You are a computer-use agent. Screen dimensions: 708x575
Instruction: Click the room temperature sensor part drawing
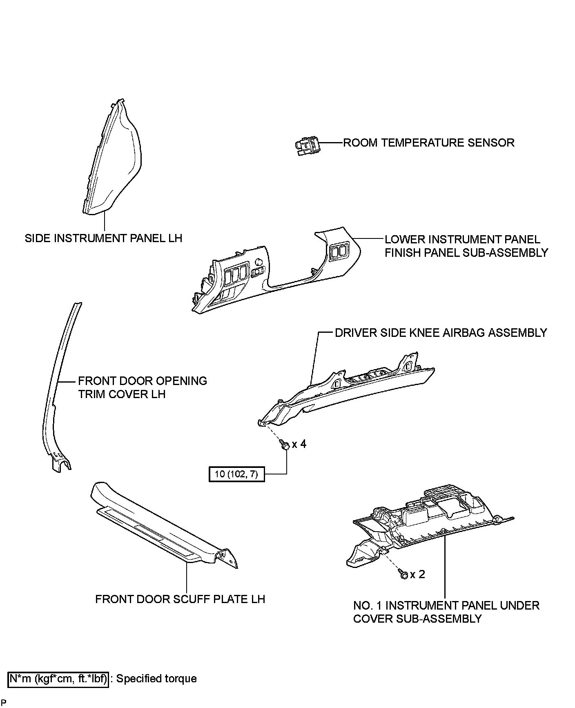point(307,146)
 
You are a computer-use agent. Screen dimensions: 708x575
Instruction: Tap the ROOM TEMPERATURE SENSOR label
point(428,143)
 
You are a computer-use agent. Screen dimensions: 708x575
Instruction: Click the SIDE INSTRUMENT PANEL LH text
point(103,238)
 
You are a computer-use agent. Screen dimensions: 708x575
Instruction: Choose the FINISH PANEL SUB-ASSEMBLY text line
point(466,253)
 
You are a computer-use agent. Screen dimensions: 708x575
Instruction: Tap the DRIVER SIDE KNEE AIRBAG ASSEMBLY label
point(441,333)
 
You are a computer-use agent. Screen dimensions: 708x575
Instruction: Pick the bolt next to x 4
point(285,445)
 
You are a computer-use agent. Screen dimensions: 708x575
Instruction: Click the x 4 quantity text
point(299,444)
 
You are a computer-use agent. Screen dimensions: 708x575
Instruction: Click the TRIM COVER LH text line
point(122,394)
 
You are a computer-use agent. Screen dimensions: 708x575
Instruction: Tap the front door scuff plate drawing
point(163,527)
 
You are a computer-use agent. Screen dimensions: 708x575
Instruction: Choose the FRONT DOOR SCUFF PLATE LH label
point(180,599)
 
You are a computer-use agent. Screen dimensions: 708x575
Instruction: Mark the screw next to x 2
point(403,574)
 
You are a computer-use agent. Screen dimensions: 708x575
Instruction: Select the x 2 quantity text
point(417,574)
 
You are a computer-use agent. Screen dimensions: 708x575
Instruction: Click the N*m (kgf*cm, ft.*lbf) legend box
point(59,679)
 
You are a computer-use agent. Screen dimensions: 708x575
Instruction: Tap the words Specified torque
point(157,679)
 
